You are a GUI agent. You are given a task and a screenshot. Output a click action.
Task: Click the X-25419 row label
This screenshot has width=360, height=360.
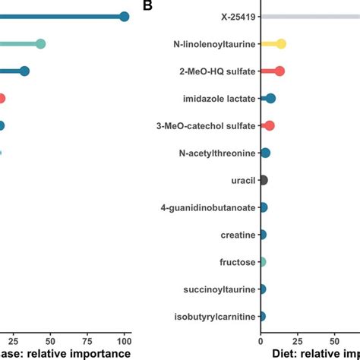pyautogui.click(x=234, y=17)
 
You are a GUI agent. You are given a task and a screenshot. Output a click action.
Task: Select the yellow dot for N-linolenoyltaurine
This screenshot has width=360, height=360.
pyautogui.click(x=280, y=44)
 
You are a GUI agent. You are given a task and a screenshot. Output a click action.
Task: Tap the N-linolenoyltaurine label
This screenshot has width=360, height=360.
pyautogui.click(x=213, y=44)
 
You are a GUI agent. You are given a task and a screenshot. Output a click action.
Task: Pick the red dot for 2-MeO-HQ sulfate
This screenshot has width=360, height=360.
pyautogui.click(x=279, y=71)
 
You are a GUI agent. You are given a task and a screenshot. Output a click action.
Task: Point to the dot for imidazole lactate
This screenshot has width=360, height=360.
pyautogui.click(x=270, y=99)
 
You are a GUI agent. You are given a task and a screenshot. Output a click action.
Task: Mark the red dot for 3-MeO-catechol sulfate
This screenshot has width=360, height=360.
pyautogui.click(x=269, y=126)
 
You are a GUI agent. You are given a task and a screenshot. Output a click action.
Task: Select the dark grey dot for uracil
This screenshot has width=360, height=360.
pyautogui.click(x=263, y=181)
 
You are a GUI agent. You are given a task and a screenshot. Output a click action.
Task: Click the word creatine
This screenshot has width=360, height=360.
pyautogui.click(x=237, y=235)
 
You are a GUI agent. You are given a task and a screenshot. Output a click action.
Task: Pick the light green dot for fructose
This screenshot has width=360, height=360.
pyautogui.click(x=262, y=263)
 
